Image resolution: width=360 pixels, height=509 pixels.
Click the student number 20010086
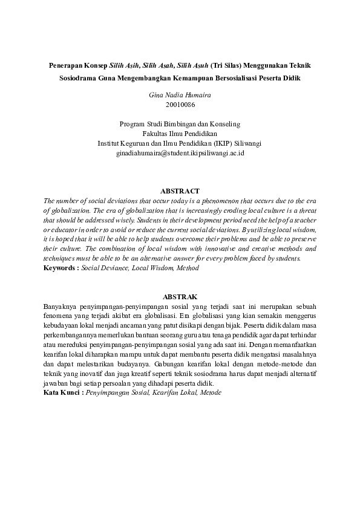tap(180, 105)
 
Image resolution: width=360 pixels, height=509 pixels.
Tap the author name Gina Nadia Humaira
tap(180, 95)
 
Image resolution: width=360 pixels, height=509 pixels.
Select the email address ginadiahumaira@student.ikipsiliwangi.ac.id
tap(180, 154)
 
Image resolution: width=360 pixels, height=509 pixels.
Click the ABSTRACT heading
tap(180, 191)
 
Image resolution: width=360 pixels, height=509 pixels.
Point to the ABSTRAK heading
tap(180, 297)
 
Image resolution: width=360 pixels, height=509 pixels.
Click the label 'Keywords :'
tap(61, 266)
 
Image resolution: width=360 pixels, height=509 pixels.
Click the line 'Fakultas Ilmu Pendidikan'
tap(180, 134)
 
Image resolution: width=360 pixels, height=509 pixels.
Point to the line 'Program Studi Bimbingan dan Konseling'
tap(180, 124)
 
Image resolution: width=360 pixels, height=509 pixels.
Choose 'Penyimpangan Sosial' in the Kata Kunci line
tap(117, 392)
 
